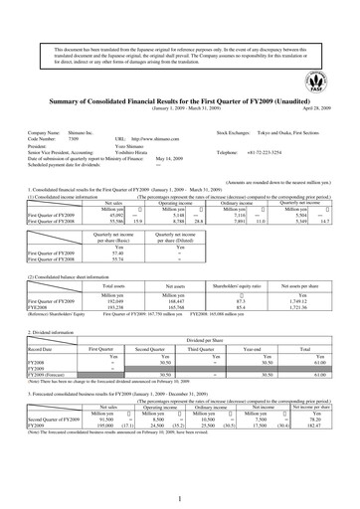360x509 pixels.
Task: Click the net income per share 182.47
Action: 320,425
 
